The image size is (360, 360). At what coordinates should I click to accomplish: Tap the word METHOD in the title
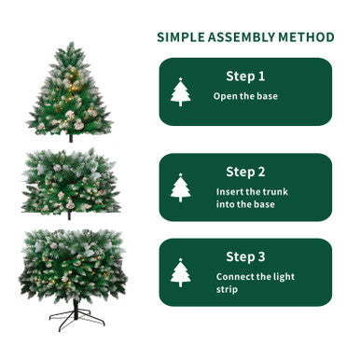(x=306, y=37)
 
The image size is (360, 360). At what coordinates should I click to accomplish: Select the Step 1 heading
(x=245, y=76)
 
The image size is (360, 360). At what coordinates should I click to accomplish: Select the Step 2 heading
(x=245, y=172)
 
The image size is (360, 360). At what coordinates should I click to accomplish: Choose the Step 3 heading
(x=245, y=256)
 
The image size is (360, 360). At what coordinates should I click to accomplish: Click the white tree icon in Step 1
(x=181, y=92)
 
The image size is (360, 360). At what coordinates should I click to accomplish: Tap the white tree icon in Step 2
(x=181, y=187)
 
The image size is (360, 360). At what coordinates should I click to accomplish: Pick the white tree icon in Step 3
(x=181, y=272)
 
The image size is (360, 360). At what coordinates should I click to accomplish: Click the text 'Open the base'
(x=245, y=96)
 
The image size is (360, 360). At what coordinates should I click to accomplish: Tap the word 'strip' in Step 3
(x=229, y=290)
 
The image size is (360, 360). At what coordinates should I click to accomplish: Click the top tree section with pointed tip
(x=71, y=98)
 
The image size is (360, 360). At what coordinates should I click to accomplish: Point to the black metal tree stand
(x=76, y=317)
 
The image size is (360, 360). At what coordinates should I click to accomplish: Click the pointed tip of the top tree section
(x=71, y=45)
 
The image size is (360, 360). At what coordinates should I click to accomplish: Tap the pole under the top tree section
(x=71, y=138)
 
